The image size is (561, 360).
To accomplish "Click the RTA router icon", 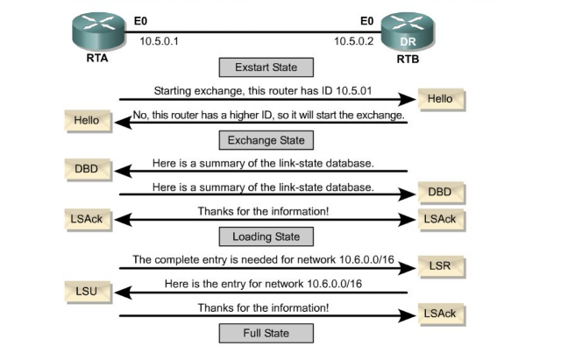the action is pos(99,32).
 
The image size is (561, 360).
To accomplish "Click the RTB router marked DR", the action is pos(408,32).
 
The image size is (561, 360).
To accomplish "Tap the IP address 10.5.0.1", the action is pos(159,41).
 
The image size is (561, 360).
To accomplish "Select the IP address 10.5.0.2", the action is pos(353,41).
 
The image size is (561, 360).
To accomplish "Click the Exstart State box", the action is pos(266,67).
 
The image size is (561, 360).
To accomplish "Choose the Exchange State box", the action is pos(266,140).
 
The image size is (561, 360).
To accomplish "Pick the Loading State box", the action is pos(266,236).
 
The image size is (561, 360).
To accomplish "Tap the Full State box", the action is pos(266,333).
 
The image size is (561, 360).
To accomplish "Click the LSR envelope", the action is pos(440,266).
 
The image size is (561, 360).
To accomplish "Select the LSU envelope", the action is pos(88,292).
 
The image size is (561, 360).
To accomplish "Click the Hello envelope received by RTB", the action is pos(440,99).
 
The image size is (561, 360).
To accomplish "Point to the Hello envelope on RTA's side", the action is pos(88,121).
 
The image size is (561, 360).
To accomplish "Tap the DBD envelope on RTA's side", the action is pos(88,169).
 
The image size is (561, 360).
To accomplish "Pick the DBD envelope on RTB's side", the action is pos(440,193).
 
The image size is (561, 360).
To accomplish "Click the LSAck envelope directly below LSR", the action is pos(440,314).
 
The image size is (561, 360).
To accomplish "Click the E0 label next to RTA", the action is pos(140,21).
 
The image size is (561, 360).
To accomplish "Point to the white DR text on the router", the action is pos(408,42).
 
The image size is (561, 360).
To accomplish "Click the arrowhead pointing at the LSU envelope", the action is pos(123,293).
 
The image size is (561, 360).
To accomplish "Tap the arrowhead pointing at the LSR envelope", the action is pos(407,268).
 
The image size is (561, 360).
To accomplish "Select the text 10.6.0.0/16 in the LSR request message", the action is pos(366,259).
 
